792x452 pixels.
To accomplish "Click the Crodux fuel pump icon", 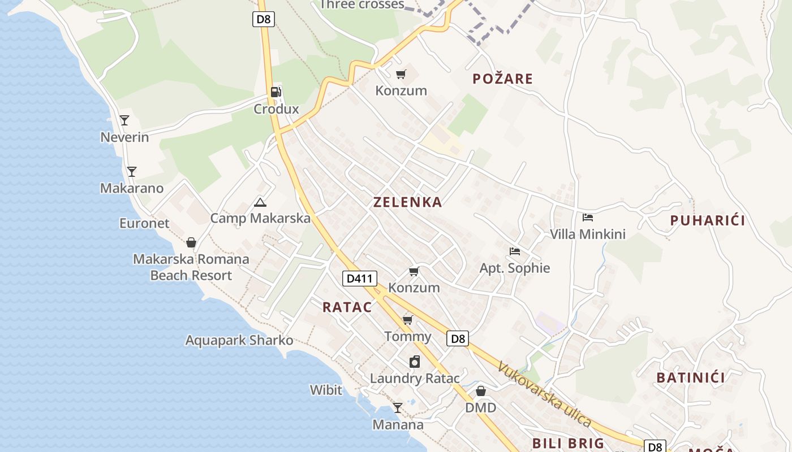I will [x=276, y=92].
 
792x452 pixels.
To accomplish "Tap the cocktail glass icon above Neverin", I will [x=124, y=120].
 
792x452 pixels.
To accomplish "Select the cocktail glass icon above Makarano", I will [x=132, y=171].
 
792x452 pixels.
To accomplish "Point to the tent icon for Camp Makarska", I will [x=260, y=202].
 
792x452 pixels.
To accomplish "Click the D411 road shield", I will [x=359, y=278].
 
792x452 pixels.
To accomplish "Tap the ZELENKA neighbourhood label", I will [x=407, y=202].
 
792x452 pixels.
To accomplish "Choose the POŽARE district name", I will [x=502, y=79].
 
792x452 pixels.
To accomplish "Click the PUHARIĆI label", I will [x=707, y=220].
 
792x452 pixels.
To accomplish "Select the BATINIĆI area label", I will [x=690, y=377].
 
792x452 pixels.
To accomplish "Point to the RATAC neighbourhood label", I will [x=347, y=307].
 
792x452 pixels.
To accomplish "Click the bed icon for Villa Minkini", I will [x=588, y=217].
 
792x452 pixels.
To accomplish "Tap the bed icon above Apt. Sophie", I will [x=514, y=251].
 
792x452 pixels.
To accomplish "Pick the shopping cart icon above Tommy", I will [x=407, y=320].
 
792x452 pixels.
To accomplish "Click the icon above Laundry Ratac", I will [x=415, y=362].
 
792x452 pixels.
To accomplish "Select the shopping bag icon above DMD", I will [x=480, y=391].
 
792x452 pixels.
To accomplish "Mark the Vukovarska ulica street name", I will [x=544, y=394].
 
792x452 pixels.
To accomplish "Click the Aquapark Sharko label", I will [x=239, y=340].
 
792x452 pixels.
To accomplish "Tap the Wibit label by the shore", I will [x=326, y=390].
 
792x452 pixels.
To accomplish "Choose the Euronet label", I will [x=144, y=223].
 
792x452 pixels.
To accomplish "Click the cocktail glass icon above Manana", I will [x=398, y=407].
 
